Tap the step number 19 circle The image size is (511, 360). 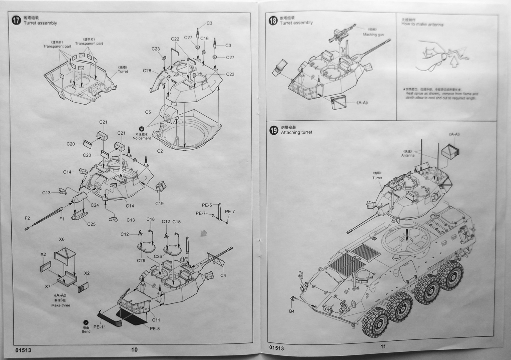click(x=273, y=130)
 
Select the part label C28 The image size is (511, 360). click(x=147, y=71)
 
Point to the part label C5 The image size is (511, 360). click(x=148, y=112)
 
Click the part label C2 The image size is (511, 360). click(x=160, y=150)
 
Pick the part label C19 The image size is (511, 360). click(x=159, y=203)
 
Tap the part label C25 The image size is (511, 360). click(x=91, y=224)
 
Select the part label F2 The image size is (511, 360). click(x=28, y=218)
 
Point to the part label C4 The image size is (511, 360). click(x=223, y=275)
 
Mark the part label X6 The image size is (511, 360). click(x=62, y=239)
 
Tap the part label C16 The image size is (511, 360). click(x=205, y=38)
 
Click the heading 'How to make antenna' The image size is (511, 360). click(x=422, y=24)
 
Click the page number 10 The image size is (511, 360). click(x=134, y=349)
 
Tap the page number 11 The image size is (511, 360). click(x=383, y=347)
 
